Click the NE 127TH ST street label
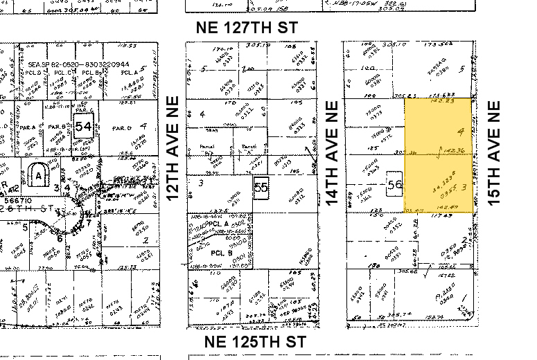[x=247, y=28]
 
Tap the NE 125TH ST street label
[x=256, y=342]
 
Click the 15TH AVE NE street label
[x=494, y=152]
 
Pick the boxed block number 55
[x=261, y=187]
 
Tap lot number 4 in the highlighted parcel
[x=460, y=131]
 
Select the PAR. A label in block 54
[x=28, y=127]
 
